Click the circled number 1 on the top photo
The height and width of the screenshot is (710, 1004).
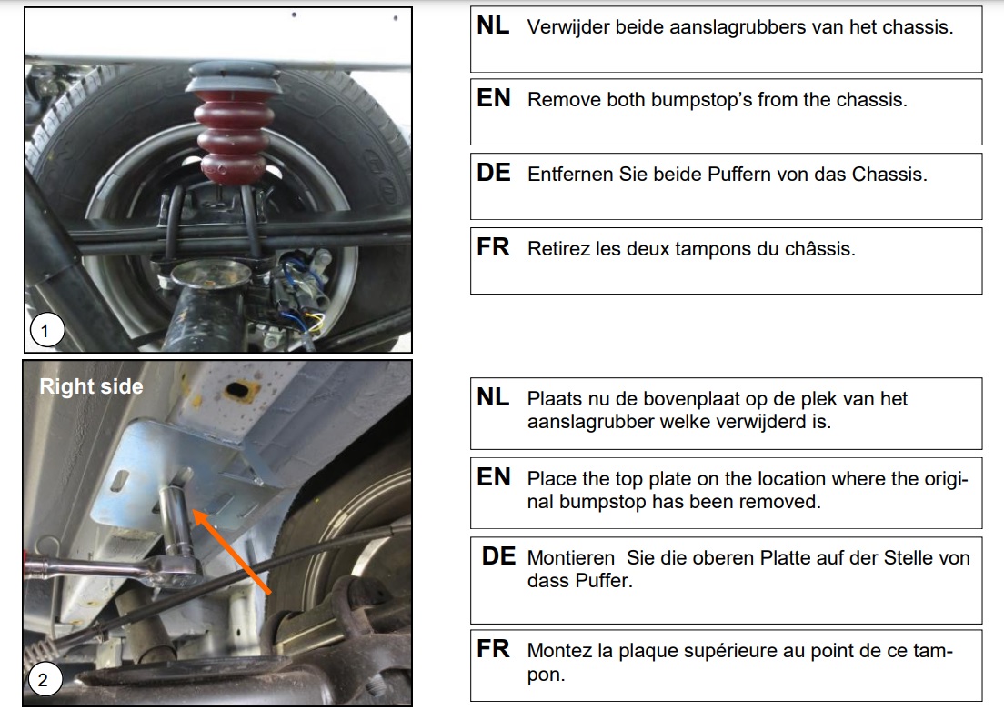point(46,330)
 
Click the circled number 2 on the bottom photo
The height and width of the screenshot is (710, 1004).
point(44,678)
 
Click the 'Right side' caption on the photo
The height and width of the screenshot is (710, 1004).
point(91,386)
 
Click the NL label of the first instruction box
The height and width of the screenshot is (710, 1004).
point(493,25)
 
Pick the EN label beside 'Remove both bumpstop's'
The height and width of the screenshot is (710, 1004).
point(493,98)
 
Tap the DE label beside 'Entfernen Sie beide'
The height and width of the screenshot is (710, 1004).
point(493,172)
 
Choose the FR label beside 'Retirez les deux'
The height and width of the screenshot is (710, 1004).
point(493,246)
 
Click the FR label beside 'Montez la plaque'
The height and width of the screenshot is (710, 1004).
point(493,648)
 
